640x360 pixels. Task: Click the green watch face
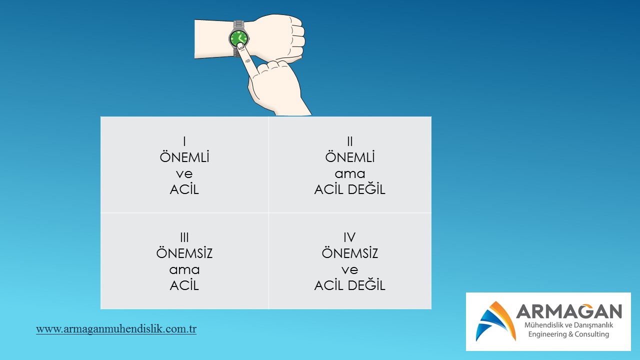(x=239, y=38)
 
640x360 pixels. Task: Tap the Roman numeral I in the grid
(x=184, y=141)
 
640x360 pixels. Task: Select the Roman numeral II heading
(x=349, y=141)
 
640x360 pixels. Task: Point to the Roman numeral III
(x=184, y=237)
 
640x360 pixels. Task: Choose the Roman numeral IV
(x=349, y=237)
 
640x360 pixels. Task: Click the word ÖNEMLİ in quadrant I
(x=184, y=157)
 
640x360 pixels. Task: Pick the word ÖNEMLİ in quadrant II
(x=349, y=157)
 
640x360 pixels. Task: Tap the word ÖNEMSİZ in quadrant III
(x=184, y=252)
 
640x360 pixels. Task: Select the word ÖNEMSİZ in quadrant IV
(x=349, y=252)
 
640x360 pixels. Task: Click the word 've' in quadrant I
(x=184, y=174)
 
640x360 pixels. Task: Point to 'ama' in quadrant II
(x=350, y=174)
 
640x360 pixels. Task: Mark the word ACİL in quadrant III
(x=184, y=285)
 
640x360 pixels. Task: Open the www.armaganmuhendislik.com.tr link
(x=116, y=329)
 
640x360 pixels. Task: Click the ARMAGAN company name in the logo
(x=569, y=311)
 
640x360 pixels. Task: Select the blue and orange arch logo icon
(x=496, y=321)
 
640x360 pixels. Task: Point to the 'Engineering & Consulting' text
(x=568, y=334)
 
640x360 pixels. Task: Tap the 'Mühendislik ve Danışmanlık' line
(x=568, y=325)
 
